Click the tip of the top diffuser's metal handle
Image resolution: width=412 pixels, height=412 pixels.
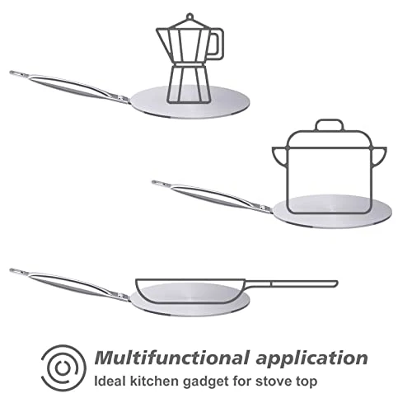tap(13, 73)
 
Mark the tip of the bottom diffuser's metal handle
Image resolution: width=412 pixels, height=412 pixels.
tap(13, 270)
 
